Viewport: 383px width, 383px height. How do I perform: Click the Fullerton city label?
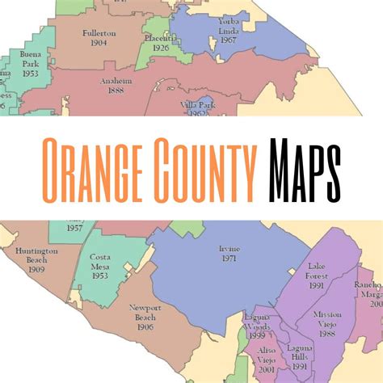coord(99,34)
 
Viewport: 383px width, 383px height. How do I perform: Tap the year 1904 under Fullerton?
coord(99,44)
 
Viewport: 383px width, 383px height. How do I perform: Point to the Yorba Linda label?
coord(229,24)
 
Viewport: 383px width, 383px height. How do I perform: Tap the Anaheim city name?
coord(118,82)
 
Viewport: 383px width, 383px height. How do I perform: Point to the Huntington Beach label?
coord(36,256)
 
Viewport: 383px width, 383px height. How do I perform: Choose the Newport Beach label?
coord(145,312)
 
